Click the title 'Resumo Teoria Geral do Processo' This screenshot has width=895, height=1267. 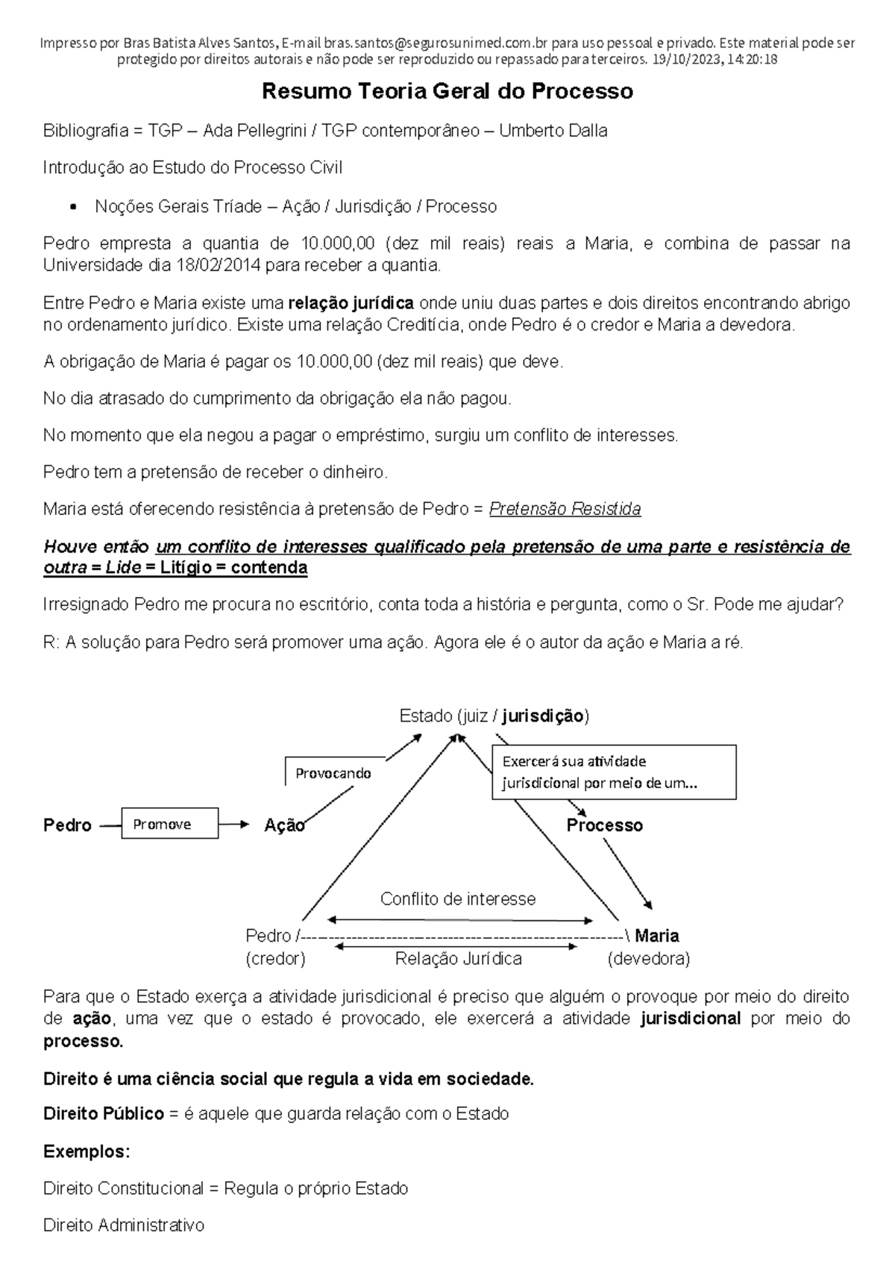(x=447, y=92)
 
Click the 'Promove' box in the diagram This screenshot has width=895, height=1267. (x=169, y=824)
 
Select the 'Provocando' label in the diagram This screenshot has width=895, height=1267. (x=333, y=773)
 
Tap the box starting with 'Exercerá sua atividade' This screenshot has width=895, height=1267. (x=613, y=772)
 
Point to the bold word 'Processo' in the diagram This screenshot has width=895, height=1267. (x=604, y=825)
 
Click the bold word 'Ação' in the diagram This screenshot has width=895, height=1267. (x=284, y=825)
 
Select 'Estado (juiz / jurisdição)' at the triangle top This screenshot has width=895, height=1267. (x=494, y=716)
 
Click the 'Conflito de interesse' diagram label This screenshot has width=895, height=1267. (x=457, y=898)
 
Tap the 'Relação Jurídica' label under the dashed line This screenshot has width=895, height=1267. (x=458, y=959)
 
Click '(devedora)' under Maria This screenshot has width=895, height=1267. (x=648, y=959)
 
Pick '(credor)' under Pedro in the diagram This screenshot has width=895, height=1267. (x=275, y=959)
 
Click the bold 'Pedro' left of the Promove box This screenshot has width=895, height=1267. (x=67, y=825)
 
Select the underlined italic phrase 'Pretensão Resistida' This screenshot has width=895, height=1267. (x=565, y=510)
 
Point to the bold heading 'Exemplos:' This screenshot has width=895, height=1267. (x=87, y=1151)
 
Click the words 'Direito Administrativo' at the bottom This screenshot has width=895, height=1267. (x=123, y=1225)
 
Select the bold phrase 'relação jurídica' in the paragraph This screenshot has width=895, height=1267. (x=351, y=303)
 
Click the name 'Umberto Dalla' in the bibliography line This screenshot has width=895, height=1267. (x=553, y=131)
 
